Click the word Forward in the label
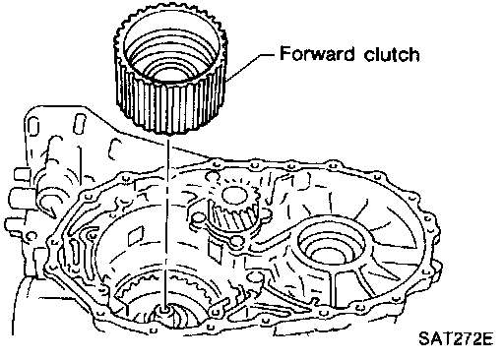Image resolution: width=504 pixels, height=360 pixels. [317, 53]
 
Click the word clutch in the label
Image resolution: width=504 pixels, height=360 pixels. [392, 53]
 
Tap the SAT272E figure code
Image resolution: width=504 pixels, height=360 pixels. [456, 339]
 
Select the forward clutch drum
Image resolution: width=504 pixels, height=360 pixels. [170, 70]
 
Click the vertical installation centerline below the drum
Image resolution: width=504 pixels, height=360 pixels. [166, 223]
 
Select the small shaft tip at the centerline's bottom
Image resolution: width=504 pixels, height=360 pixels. [164, 310]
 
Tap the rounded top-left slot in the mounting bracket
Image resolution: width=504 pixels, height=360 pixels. [33, 127]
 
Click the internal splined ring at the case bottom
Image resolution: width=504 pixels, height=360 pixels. [164, 288]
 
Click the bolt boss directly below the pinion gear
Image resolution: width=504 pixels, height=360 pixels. [236, 242]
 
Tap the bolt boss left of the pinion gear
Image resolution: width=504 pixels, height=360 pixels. [198, 218]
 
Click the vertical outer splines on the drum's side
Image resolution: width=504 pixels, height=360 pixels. [170, 101]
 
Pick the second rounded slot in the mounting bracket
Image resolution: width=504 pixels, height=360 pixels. [80, 123]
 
